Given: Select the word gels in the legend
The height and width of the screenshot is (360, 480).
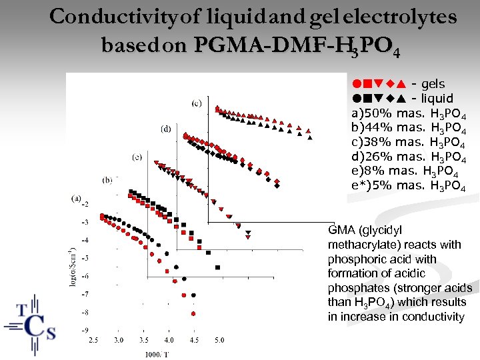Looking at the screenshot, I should (x=433, y=85).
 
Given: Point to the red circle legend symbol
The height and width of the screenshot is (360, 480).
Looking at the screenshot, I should (x=357, y=85).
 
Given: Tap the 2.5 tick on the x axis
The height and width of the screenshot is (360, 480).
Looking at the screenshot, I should (x=93, y=340).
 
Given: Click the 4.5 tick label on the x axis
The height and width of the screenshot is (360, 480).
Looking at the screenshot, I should (x=194, y=340).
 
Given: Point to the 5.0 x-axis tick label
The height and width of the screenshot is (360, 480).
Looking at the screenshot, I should (x=219, y=340).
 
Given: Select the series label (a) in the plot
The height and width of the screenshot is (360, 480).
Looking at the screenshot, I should (x=77, y=197).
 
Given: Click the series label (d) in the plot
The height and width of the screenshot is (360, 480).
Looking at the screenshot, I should (x=166, y=128).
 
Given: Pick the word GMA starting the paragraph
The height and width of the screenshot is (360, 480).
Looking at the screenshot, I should (x=342, y=231).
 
